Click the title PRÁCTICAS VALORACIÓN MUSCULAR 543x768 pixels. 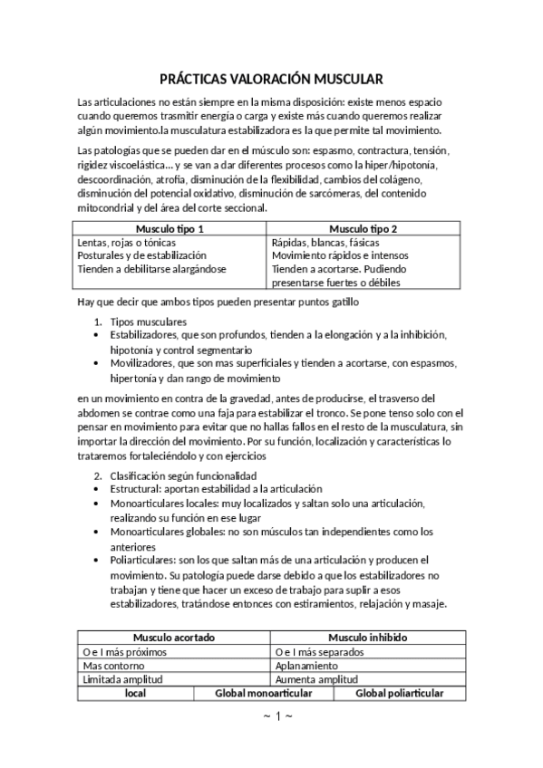click(271, 79)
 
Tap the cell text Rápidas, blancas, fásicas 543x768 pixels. click(325, 243)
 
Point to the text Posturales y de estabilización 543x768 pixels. click(143, 255)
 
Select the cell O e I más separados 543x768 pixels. click(319, 651)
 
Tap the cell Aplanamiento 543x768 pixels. click(306, 665)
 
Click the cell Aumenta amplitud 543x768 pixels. click(315, 678)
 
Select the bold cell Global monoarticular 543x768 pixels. click(264, 693)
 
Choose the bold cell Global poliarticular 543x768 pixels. click(399, 693)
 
